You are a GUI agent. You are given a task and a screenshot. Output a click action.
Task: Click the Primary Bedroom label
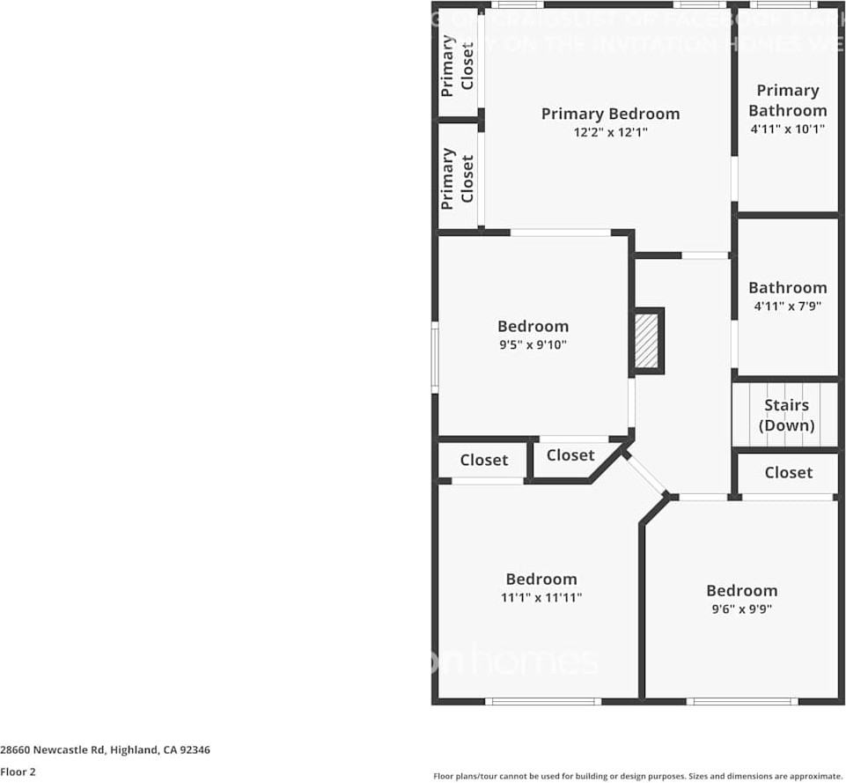coord(610,114)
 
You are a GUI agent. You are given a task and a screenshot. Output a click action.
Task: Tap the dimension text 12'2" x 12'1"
coord(610,133)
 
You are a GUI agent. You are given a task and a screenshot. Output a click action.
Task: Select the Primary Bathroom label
coord(787,100)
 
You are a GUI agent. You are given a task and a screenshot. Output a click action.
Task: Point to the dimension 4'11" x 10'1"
coord(787,129)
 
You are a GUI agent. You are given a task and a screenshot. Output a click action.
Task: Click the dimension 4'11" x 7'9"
coord(787,307)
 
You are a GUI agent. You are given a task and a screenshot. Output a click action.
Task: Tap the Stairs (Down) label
coord(786,415)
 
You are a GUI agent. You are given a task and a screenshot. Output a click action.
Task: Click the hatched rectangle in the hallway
coord(647,340)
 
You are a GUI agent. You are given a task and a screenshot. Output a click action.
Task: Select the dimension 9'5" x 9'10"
coord(533,345)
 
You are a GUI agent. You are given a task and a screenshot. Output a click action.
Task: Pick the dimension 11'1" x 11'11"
coord(541,597)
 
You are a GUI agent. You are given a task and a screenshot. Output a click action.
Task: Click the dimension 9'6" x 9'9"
coord(741,609)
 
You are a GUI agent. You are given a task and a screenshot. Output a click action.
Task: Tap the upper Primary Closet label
coord(458,66)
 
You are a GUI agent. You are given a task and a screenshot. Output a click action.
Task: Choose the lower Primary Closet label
coord(458,179)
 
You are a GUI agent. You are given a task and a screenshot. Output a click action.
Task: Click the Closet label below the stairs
coord(788,473)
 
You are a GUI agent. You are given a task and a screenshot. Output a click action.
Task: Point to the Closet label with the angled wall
coord(570,455)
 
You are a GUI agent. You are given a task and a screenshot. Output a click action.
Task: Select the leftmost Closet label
coord(483,460)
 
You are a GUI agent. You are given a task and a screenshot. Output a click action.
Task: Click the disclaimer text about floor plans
coord(637,776)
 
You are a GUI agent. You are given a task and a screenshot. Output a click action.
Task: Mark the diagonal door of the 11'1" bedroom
coord(647,475)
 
